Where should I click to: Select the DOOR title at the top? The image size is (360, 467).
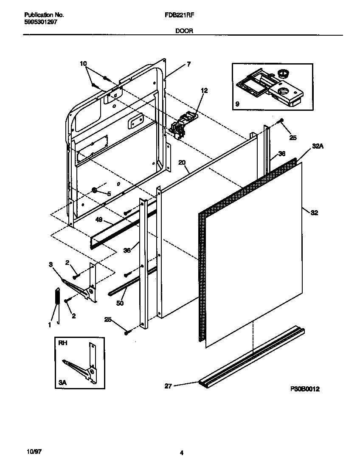[x=183, y=31]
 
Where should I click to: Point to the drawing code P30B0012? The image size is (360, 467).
[x=305, y=388]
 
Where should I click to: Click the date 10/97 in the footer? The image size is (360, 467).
[x=28, y=453]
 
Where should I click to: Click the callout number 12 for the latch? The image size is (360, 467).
[x=204, y=90]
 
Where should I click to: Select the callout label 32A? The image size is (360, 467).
[x=318, y=146]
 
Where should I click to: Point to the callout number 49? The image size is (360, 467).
[x=98, y=220]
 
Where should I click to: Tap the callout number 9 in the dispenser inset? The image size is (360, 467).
[x=237, y=103]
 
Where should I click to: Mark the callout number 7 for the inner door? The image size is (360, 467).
[x=188, y=65]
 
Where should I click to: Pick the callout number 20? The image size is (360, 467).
[x=182, y=163]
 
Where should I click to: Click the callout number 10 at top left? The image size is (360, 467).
[x=83, y=64]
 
